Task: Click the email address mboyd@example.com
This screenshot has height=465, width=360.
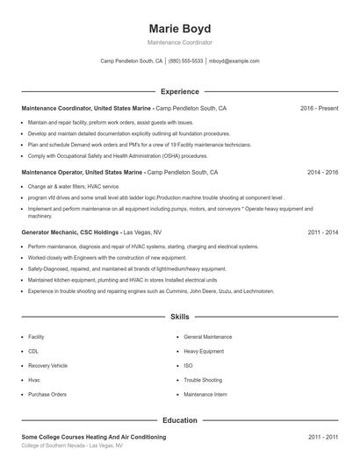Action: [234, 61]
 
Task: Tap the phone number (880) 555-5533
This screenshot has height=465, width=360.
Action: [185, 61]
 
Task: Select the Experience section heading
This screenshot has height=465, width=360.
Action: [179, 91]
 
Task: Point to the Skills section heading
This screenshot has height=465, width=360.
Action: [179, 316]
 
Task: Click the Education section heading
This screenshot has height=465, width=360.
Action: [179, 420]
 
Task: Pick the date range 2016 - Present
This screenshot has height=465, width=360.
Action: [319, 108]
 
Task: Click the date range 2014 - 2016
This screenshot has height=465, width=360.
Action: [322, 173]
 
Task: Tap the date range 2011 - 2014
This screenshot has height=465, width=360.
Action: [322, 232]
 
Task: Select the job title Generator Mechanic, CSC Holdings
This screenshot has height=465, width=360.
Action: [70, 232]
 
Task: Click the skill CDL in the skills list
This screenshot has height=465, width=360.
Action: [34, 351]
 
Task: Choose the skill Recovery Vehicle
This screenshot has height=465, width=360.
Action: [47, 365]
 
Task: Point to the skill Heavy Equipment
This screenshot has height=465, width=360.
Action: [204, 351]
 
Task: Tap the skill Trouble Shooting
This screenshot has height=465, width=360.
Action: [203, 380]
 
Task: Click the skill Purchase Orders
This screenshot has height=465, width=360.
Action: [47, 394]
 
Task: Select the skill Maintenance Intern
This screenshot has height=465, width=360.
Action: [205, 394]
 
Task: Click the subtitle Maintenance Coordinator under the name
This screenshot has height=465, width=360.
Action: [179, 42]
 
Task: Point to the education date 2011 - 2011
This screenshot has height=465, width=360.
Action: [322, 436]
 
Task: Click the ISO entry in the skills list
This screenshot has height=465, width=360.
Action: [188, 365]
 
